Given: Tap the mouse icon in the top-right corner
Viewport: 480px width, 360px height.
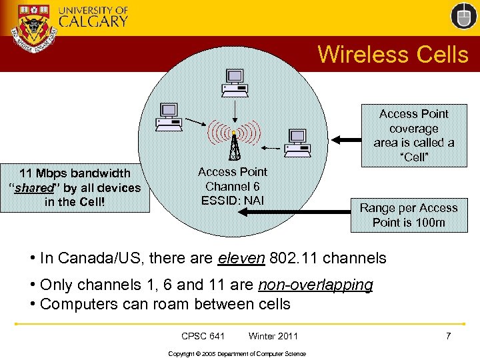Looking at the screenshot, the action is pyautogui.click(x=463, y=16).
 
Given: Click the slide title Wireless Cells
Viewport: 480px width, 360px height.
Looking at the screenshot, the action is pyautogui.click(x=393, y=54).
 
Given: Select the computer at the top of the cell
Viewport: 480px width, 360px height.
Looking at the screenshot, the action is pyautogui.click(x=235, y=81).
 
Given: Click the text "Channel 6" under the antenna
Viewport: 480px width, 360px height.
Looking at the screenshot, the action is pyautogui.click(x=233, y=186).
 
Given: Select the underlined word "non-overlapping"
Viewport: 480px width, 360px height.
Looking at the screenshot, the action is pyautogui.click(x=315, y=285).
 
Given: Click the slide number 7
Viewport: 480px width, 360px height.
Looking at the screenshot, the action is pyautogui.click(x=448, y=335).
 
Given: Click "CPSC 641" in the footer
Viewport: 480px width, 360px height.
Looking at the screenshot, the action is pyautogui.click(x=203, y=336).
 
